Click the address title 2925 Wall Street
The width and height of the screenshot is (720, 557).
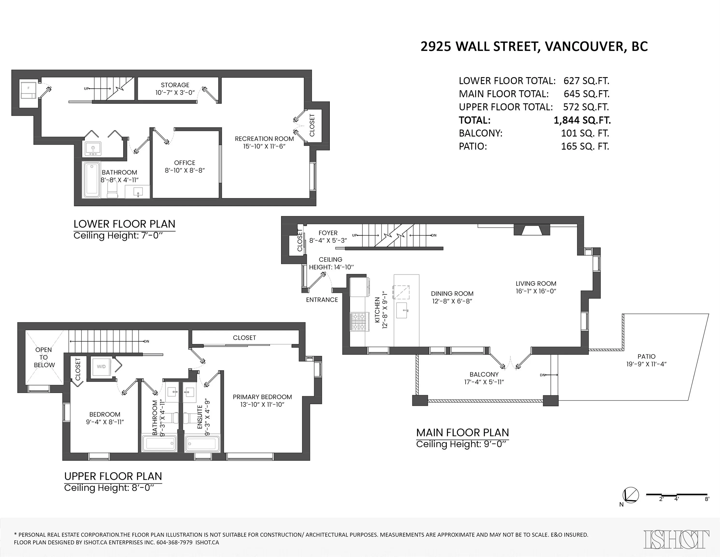534,46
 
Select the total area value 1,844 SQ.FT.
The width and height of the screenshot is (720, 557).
582,120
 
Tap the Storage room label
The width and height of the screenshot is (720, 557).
175,85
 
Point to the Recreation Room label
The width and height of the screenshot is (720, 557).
264,139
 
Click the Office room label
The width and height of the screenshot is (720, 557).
185,163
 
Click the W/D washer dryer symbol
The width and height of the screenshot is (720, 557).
101,367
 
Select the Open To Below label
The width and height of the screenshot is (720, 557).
43,357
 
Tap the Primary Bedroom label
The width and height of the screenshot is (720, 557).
262,397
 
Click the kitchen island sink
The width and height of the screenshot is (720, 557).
402,310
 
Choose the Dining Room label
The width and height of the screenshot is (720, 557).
452,293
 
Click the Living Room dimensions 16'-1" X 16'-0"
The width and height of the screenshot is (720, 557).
536,291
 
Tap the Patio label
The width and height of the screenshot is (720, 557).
647,357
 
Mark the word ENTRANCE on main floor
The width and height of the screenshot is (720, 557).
322,300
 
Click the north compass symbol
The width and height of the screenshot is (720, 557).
630,495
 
